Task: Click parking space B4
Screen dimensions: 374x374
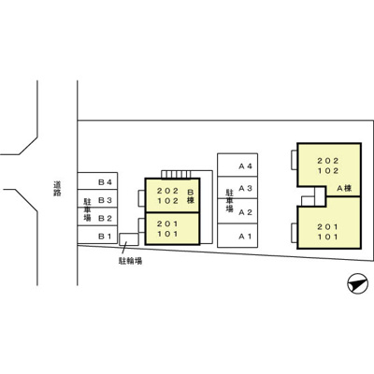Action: pyautogui.click(x=97, y=180)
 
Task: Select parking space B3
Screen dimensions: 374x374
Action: pyautogui.click(x=97, y=198)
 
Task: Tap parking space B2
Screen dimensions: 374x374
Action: pyautogui.click(x=97, y=216)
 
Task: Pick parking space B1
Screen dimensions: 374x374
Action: pyautogui.click(x=97, y=235)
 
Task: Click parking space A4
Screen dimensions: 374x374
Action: pyautogui.click(x=237, y=165)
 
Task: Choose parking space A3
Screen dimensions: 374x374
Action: pyautogui.click(x=237, y=187)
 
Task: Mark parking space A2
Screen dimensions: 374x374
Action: pyautogui.click(x=237, y=211)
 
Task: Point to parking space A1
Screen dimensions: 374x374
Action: pyautogui.click(x=237, y=236)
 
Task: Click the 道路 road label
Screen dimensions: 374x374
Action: pyautogui.click(x=57, y=189)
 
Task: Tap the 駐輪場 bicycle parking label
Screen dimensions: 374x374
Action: pyautogui.click(x=130, y=261)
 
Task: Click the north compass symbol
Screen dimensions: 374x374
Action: pyautogui.click(x=357, y=283)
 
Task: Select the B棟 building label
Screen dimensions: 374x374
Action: pyautogui.click(x=191, y=196)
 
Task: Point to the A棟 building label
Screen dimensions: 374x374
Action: pyautogui.click(x=344, y=188)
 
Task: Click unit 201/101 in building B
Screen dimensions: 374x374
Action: pyautogui.click(x=172, y=228)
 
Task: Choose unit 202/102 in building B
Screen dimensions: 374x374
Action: pyautogui.click(x=172, y=195)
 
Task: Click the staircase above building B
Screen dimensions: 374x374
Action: pyautogui.click(x=176, y=174)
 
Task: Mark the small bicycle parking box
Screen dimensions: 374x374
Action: pyautogui.click(x=129, y=239)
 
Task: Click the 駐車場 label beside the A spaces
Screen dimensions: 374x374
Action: pyautogui.click(x=229, y=200)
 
